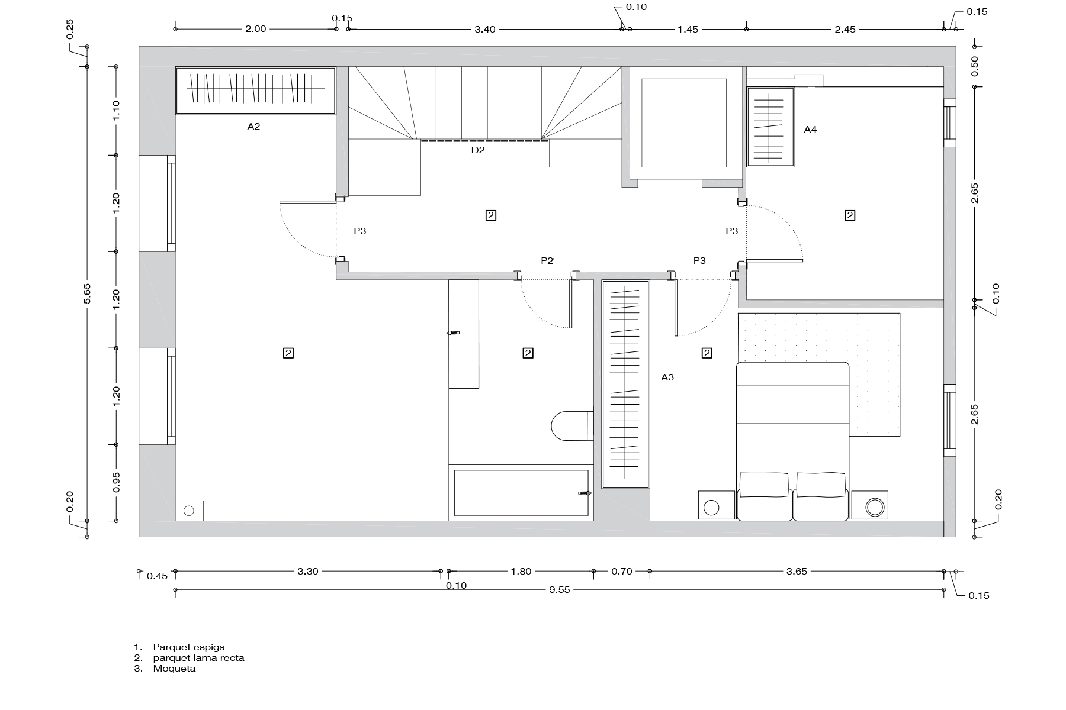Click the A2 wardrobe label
pyautogui.click(x=253, y=127)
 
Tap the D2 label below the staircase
pyautogui.click(x=478, y=150)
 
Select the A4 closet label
pyautogui.click(x=810, y=129)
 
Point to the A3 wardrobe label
pyautogui.click(x=667, y=377)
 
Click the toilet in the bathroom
pyautogui.click(x=571, y=425)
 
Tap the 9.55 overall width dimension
pyautogui.click(x=559, y=590)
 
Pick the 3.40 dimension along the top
pyautogui.click(x=484, y=29)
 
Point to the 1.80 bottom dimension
pyautogui.click(x=521, y=572)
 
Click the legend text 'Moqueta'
pyautogui.click(x=174, y=669)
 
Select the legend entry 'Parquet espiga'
pyautogui.click(x=189, y=647)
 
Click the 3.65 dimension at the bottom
pyautogui.click(x=796, y=572)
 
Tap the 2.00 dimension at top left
pyautogui.click(x=255, y=29)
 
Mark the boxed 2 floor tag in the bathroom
pyautogui.click(x=528, y=353)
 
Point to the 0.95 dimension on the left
pyautogui.click(x=117, y=482)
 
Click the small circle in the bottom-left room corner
pyautogui.click(x=189, y=511)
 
